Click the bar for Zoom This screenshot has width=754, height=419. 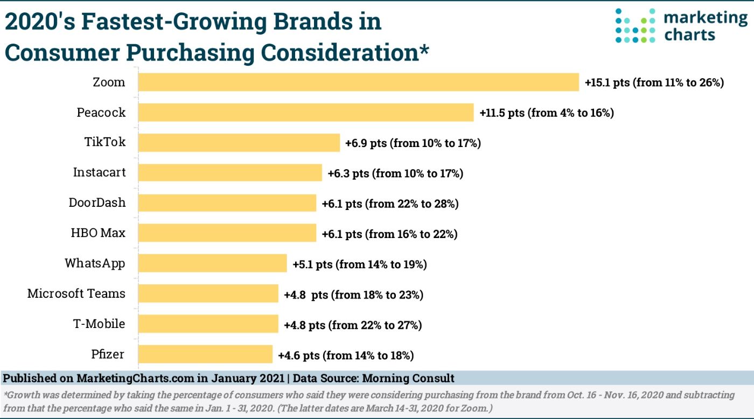[x=358, y=82]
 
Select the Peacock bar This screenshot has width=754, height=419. [x=305, y=113]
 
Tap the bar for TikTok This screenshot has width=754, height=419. [x=239, y=143]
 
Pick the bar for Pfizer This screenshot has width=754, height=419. [x=205, y=354]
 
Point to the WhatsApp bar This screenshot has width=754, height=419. [x=212, y=264]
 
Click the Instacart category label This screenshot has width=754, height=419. [x=99, y=173]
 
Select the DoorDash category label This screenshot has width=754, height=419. [x=97, y=203]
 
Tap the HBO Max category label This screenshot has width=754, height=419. [x=98, y=233]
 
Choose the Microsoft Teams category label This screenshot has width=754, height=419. [x=76, y=294]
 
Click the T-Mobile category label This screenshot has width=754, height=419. [x=100, y=324]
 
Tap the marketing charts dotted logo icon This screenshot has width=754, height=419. [x=635, y=25]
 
